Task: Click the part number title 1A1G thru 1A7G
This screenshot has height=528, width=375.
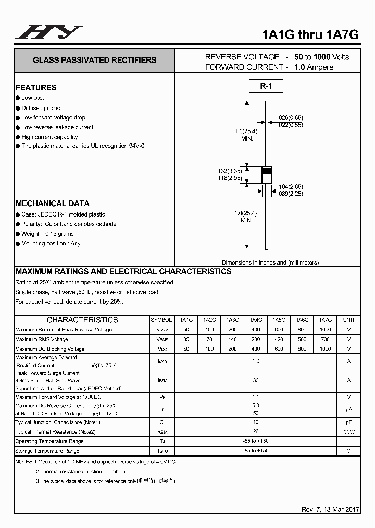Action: tap(310, 34)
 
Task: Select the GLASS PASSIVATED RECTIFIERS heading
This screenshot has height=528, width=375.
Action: tap(94, 60)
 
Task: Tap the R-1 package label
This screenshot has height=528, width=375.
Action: tap(266, 86)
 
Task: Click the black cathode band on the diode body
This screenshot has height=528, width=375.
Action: tap(266, 171)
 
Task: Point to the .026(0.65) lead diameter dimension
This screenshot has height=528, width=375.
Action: tap(290, 118)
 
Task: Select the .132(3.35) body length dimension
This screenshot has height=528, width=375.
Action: tap(229, 171)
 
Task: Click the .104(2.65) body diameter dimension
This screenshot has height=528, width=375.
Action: tap(290, 186)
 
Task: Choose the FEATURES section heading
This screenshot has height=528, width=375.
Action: tap(36, 87)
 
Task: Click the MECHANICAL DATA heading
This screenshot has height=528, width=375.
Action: tap(52, 203)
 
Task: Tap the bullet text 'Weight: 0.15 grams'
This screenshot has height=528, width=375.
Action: tap(47, 234)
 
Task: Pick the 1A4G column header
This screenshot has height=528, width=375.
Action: tap(256, 320)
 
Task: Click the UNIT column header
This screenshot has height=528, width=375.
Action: tap(348, 320)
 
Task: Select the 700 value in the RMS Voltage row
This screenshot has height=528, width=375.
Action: tap(325, 339)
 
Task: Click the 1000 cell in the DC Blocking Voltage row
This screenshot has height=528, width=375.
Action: tap(325, 349)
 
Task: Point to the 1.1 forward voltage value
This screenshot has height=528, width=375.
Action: tap(256, 397)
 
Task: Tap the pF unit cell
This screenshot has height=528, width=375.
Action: tap(348, 422)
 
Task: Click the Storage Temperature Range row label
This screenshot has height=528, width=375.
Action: tap(47, 451)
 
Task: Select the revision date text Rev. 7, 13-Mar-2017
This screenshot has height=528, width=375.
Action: tap(330, 510)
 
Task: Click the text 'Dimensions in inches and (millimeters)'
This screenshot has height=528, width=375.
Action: tap(270, 262)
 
